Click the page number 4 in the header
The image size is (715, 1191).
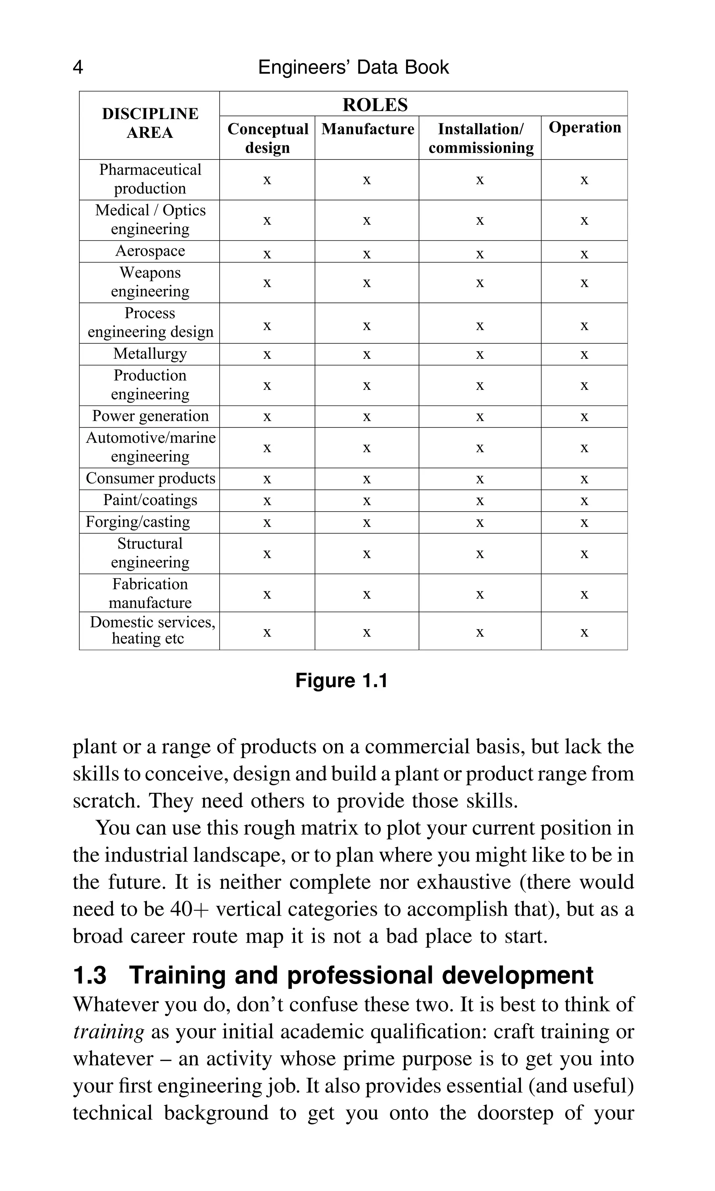(x=78, y=67)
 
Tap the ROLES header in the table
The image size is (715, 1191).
(x=375, y=104)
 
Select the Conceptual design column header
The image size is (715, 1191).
(x=267, y=138)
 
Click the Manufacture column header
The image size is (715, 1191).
(x=367, y=129)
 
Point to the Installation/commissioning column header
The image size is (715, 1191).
(x=480, y=138)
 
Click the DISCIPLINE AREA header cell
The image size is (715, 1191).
(x=150, y=123)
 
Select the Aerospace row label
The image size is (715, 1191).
(x=150, y=251)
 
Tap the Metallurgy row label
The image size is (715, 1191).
(x=150, y=354)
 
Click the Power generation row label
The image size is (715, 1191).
(x=150, y=416)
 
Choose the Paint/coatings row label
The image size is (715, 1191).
(x=150, y=500)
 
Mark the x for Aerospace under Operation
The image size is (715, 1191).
(x=584, y=254)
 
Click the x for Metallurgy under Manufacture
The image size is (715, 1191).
(x=367, y=355)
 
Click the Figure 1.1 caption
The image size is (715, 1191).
(x=341, y=680)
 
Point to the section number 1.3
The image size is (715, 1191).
(x=90, y=976)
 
